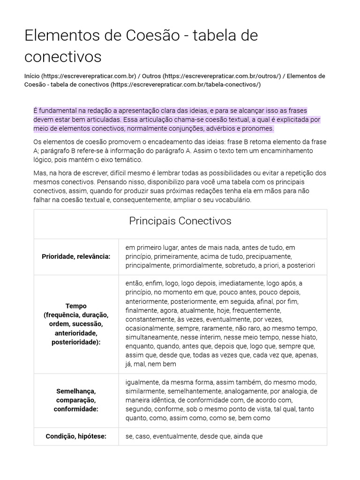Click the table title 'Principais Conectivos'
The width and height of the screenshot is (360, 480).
pyautogui.click(x=180, y=221)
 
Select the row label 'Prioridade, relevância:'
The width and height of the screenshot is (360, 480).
pyautogui.click(x=76, y=256)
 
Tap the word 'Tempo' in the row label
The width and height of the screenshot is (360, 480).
pyautogui.click(x=76, y=306)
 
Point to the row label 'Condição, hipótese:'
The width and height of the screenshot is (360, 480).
pyautogui.click(x=76, y=436)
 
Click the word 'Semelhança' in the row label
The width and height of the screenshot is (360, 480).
pyautogui.click(x=76, y=391)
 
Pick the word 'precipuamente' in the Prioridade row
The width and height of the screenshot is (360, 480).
pyautogui.click(x=270, y=256)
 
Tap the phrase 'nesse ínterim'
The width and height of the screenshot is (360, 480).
pyautogui.click(x=197, y=337)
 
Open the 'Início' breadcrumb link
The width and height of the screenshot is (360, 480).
pyautogui.click(x=32, y=76)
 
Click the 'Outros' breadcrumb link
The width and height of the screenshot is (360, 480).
pyautogui.click(x=151, y=76)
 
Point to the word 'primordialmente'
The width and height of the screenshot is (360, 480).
pyautogui.click(x=196, y=265)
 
